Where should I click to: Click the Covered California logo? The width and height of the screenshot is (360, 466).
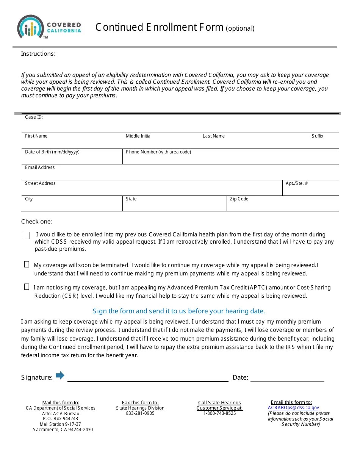[x=49, y=27]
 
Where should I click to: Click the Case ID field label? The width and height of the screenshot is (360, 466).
[x=34, y=117]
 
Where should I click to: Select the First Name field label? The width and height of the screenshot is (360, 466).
[x=36, y=136]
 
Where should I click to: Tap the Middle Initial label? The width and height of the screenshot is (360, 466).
[x=139, y=136]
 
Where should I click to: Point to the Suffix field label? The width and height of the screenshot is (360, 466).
[x=318, y=136]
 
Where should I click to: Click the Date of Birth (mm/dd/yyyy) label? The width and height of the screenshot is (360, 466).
[x=52, y=152]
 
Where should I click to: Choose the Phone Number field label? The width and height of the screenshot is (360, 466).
[x=158, y=152]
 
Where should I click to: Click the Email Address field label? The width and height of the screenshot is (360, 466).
[x=40, y=167]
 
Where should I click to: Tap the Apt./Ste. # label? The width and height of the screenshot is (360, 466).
[x=297, y=183]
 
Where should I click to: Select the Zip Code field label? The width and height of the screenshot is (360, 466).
[x=239, y=199]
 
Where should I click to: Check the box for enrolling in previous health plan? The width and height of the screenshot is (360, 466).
[x=27, y=236]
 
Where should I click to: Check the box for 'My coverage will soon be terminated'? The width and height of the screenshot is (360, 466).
[x=27, y=264]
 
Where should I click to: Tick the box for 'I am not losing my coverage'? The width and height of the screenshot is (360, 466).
[x=27, y=287]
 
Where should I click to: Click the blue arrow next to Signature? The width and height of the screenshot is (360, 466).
[x=60, y=375]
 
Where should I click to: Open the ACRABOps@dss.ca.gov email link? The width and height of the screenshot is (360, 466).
[x=293, y=408]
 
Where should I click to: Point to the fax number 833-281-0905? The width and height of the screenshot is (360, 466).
[x=140, y=413]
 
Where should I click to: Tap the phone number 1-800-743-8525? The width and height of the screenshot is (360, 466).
[x=219, y=413]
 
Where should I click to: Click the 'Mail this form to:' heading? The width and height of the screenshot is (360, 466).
[x=61, y=403]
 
